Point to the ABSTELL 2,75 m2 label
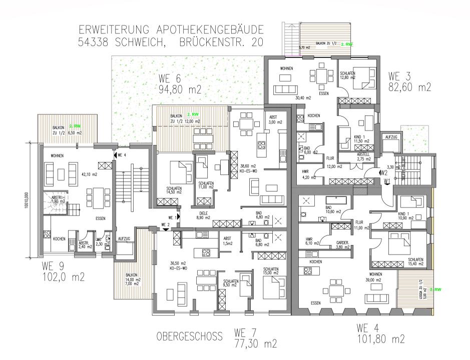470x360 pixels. tap(363, 156)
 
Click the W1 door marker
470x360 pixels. tap(387, 181)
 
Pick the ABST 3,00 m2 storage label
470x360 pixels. tap(275, 119)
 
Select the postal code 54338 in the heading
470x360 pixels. tap(99, 43)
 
